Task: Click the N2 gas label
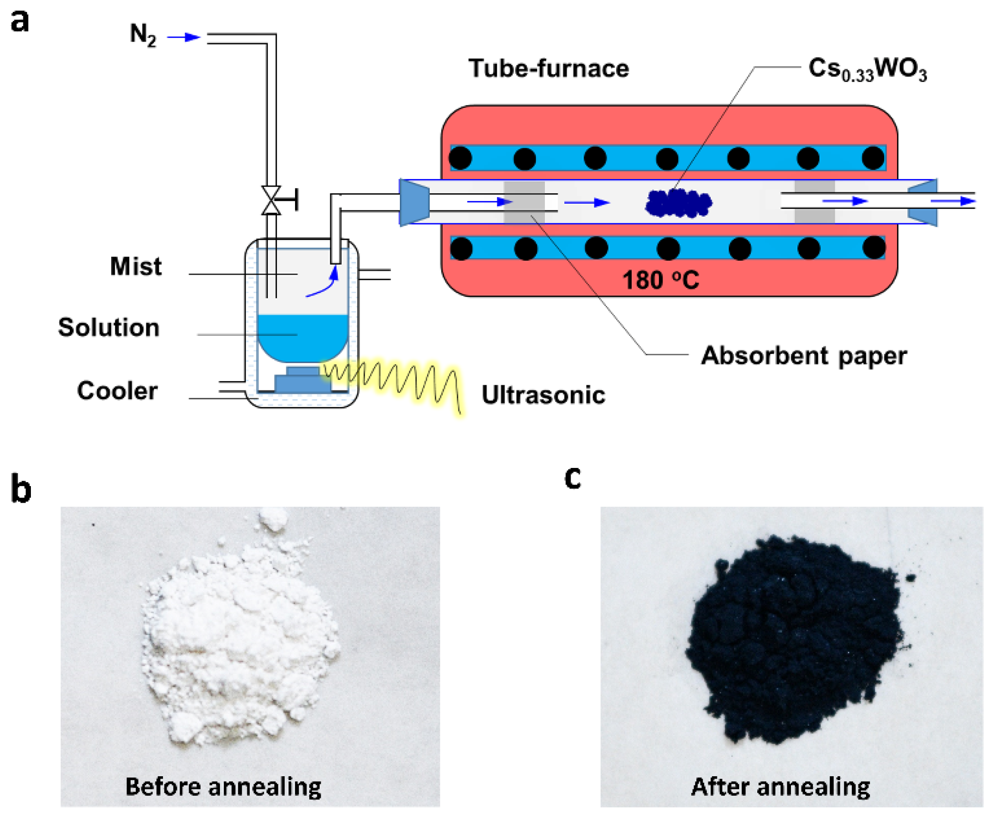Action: [x=143, y=35]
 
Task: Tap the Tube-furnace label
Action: [x=549, y=68]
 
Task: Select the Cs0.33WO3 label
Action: [x=867, y=69]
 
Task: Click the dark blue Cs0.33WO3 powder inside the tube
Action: [x=678, y=203]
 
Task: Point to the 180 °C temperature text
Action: [x=660, y=280]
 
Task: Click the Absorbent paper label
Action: [x=804, y=356]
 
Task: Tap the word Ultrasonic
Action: [x=543, y=395]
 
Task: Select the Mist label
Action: [x=136, y=266]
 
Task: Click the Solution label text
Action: [x=109, y=328]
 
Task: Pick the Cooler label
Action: [x=117, y=391]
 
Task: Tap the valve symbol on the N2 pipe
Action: [x=271, y=200]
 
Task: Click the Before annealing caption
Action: [x=223, y=787]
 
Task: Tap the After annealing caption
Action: [x=781, y=787]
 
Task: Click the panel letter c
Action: [x=573, y=477]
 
